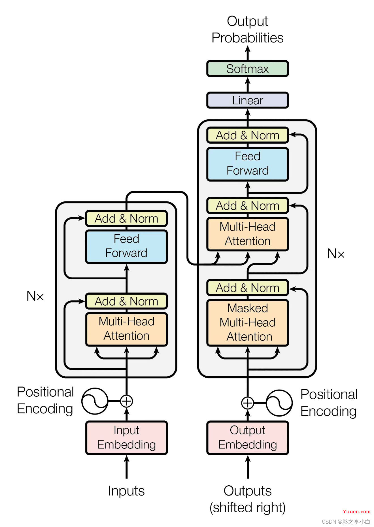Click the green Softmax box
[x=248, y=69]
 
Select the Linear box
[x=248, y=100]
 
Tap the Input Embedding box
[x=126, y=437]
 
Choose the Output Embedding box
[x=248, y=437]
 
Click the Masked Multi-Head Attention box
[x=248, y=322]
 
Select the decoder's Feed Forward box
[x=248, y=164]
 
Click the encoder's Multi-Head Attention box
[x=126, y=329]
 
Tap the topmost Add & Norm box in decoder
[x=248, y=135]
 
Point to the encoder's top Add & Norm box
[x=126, y=218]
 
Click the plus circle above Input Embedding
[x=126, y=401]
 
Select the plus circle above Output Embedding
[x=248, y=403]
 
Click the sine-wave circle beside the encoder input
[x=95, y=401]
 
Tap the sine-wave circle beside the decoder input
[x=279, y=403]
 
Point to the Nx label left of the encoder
[x=35, y=296]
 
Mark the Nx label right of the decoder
[x=336, y=254]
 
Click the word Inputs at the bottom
[x=126, y=491]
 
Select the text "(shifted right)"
[x=248, y=507]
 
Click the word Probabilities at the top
[x=248, y=38]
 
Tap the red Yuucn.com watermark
[x=356, y=511]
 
